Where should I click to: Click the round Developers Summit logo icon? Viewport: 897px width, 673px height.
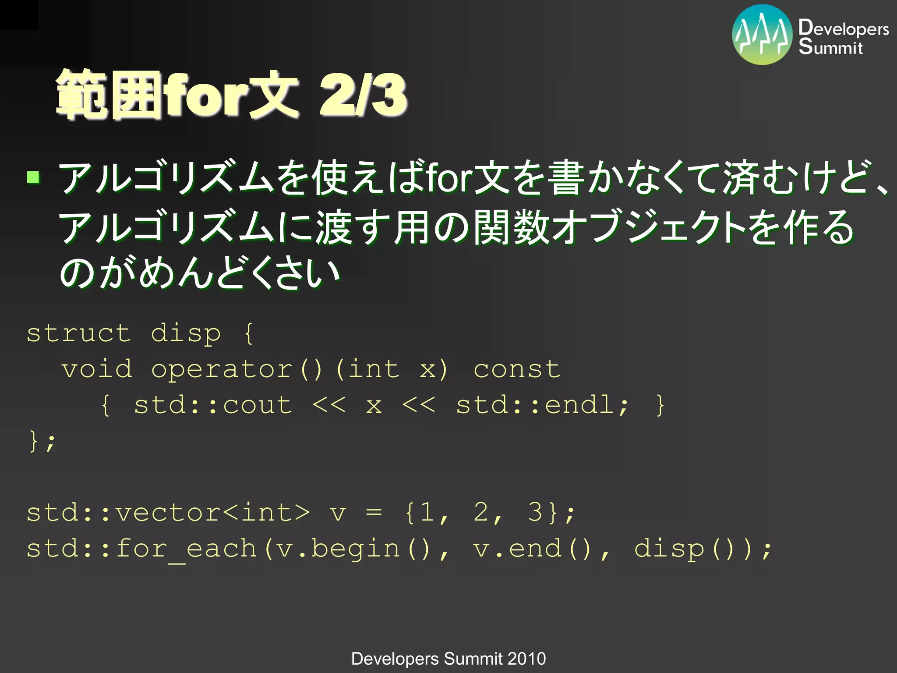[762, 35]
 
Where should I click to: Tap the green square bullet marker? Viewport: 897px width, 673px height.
[33, 177]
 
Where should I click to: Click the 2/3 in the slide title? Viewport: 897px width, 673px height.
[363, 95]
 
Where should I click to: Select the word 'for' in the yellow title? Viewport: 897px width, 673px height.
[205, 95]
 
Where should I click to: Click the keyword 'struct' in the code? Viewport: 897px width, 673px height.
[79, 333]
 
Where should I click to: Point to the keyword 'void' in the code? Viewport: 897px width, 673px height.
[97, 369]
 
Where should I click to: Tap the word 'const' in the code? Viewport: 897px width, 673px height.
[517, 369]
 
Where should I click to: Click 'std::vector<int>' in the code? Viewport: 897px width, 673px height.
[168, 512]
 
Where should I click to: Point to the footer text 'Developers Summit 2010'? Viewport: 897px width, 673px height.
[448, 659]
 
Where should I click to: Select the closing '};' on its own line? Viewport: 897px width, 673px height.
[42, 441]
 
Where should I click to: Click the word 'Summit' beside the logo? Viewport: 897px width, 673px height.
[830, 47]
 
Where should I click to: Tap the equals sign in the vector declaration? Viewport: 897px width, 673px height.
[374, 512]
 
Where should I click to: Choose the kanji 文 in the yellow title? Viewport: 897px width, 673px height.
[274, 95]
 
